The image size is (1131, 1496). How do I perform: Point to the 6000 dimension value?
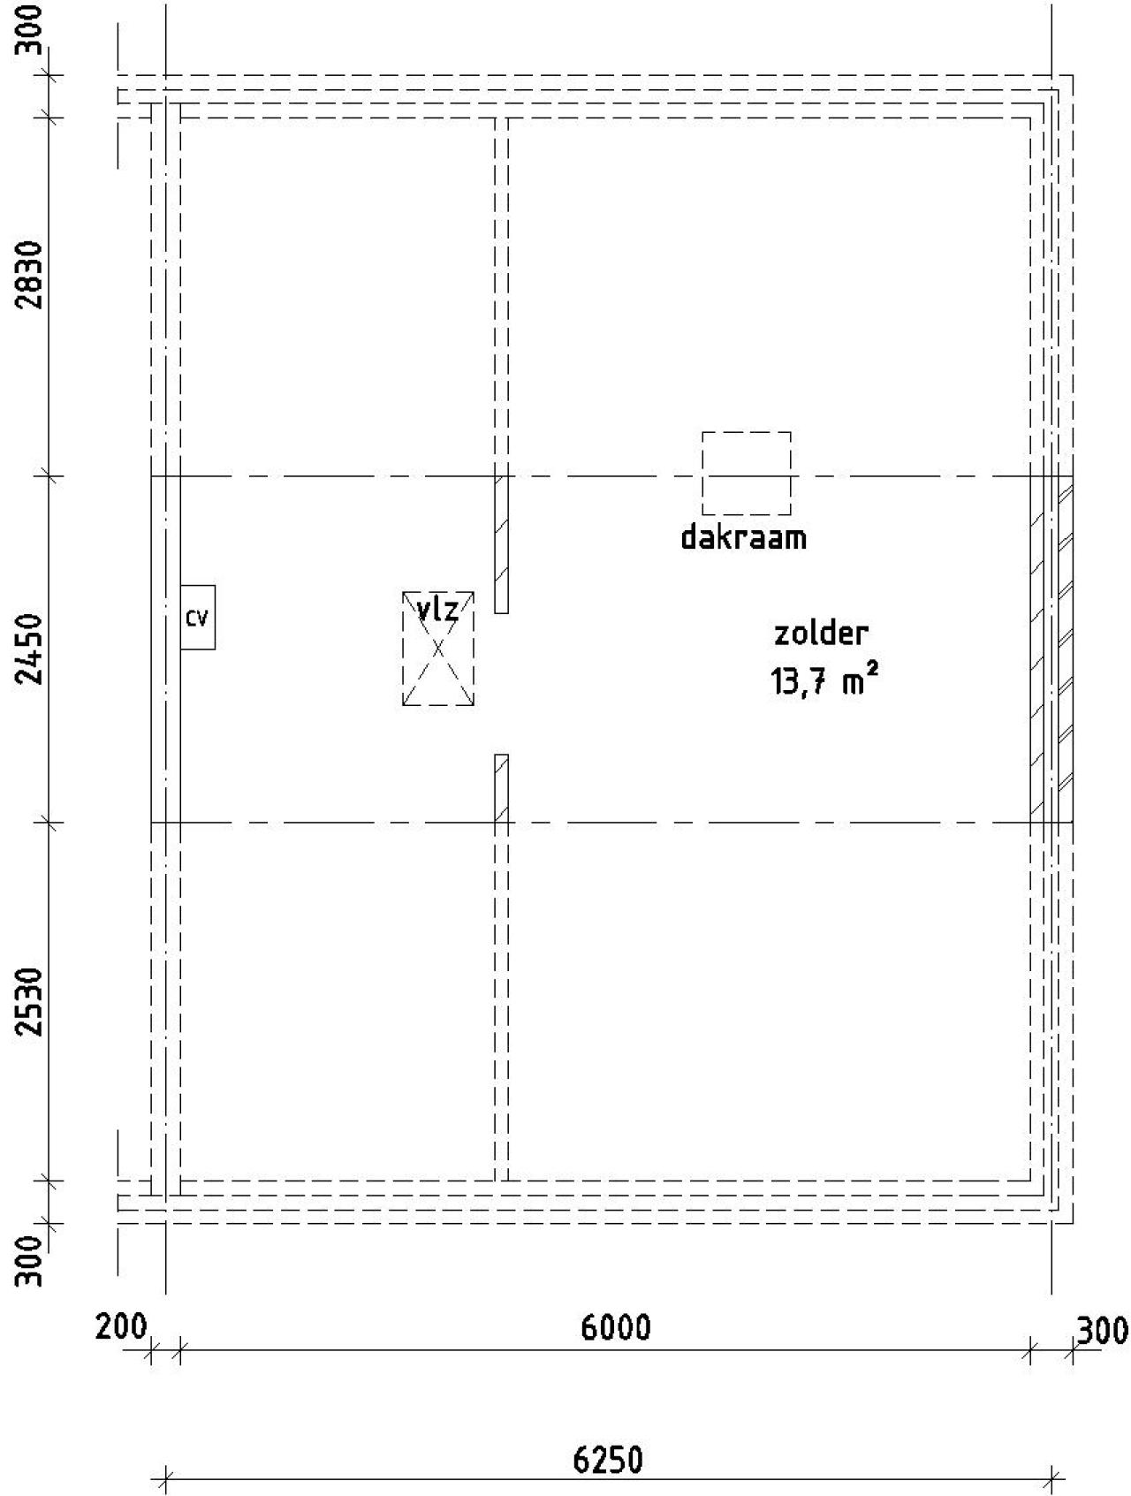616,1327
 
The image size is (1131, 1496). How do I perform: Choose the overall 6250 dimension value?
608,1461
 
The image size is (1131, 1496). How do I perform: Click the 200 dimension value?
121,1327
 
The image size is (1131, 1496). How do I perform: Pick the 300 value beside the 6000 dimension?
1102,1330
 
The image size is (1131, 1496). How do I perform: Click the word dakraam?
743,537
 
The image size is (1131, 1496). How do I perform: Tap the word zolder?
821,633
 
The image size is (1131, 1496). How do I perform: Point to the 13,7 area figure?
800,682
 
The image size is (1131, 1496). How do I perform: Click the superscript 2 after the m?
873,673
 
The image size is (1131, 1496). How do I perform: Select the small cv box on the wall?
198,617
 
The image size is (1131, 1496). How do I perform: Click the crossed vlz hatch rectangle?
438,649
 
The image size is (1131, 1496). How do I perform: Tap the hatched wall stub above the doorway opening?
501,544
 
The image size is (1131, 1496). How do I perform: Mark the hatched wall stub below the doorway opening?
501,788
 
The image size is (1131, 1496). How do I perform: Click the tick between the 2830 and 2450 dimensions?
49,477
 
